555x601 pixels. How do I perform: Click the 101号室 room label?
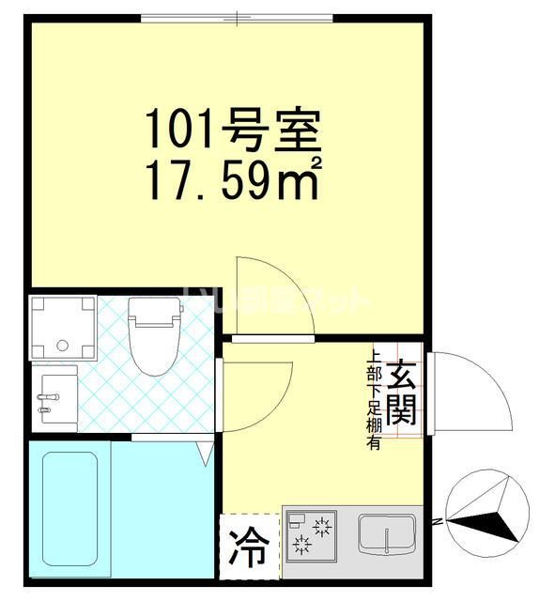233,131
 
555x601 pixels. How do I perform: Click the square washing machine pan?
63,326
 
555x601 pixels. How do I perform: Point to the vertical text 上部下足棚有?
375,400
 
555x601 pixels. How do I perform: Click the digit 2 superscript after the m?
316,162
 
